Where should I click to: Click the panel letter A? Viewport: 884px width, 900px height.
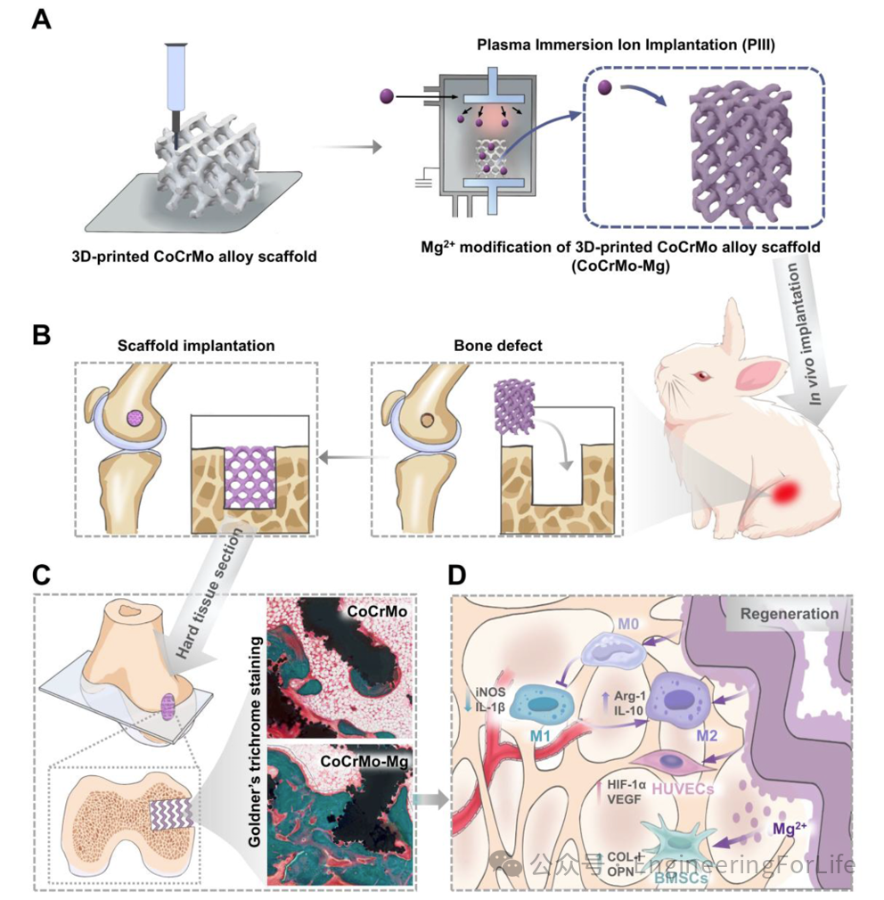41,20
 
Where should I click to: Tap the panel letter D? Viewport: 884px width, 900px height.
456,574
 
